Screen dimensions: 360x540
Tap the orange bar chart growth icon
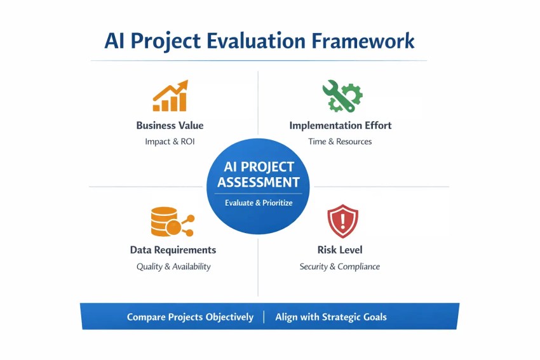click(x=170, y=97)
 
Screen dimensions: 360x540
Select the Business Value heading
click(x=170, y=125)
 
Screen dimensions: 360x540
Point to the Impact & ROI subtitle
click(x=170, y=142)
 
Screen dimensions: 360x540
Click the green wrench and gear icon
click(x=341, y=96)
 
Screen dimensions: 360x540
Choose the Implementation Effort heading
click(x=341, y=125)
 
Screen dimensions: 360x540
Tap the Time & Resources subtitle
click(x=340, y=142)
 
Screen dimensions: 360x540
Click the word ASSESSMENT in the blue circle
click(x=259, y=182)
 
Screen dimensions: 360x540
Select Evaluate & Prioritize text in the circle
click(x=259, y=203)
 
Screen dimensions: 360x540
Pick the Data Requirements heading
click(x=173, y=250)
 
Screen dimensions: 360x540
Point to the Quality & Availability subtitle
click(x=173, y=267)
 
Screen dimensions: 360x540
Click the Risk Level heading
click(x=340, y=250)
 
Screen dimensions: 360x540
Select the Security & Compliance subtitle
click(x=340, y=267)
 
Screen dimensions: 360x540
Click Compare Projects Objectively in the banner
click(x=190, y=317)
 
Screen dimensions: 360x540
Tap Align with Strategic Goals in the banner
click(x=331, y=317)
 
